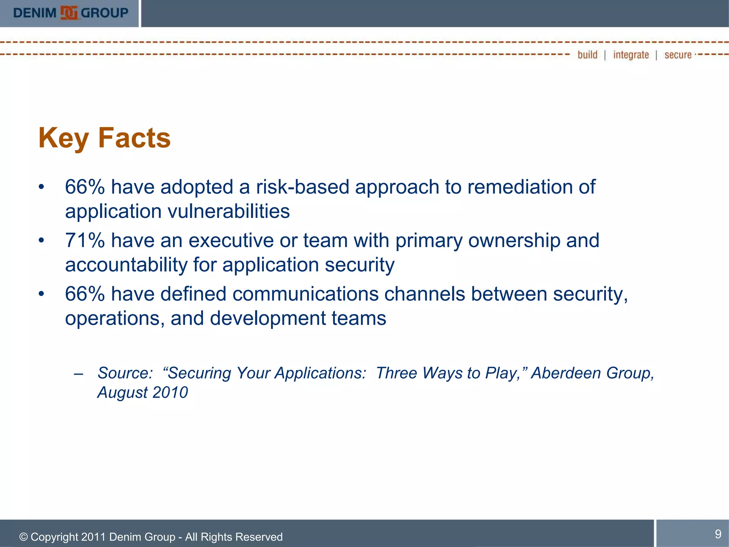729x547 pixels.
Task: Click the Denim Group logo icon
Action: click(69, 13)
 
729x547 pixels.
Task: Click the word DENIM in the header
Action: click(35, 13)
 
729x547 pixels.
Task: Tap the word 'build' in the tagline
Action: click(587, 55)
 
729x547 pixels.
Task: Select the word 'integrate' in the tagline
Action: click(631, 55)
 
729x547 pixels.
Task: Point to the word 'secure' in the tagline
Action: click(678, 55)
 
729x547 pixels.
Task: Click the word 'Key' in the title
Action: click(63, 138)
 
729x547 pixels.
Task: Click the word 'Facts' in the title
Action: click(134, 138)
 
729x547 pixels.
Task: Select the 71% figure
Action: click(85, 240)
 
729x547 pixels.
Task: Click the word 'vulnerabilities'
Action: click(229, 212)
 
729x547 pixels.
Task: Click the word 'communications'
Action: click(305, 294)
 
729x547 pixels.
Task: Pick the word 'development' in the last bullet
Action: click(267, 318)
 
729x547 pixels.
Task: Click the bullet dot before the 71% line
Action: click(42, 240)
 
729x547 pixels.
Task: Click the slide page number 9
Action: click(718, 534)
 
